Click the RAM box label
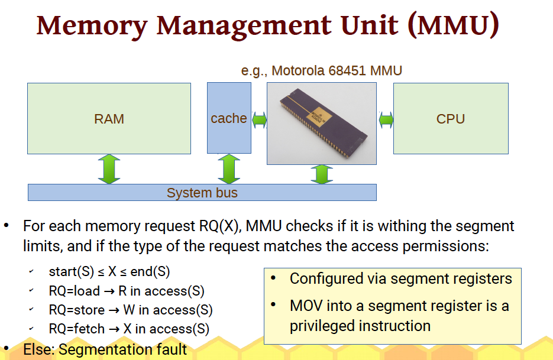pos(109,119)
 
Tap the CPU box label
pos(450,119)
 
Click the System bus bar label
pos(202,193)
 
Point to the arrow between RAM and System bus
pos(109,168)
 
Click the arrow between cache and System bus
pos(228,168)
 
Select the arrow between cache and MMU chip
pos(259,120)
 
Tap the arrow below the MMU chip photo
pos(322,174)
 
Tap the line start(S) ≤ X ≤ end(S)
pos(109,272)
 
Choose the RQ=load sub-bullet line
pos(126,291)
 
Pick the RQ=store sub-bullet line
pos(130,310)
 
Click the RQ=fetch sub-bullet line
pos(128,329)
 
